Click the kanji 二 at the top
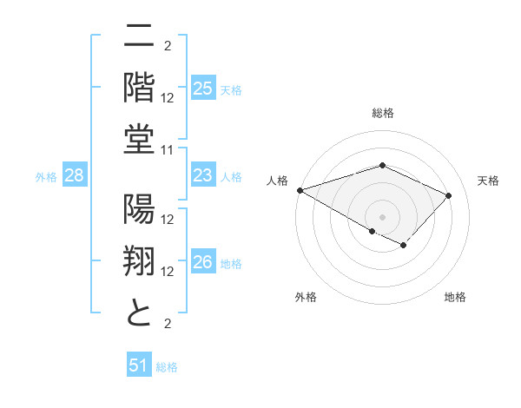tap(139, 36)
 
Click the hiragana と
tap(139, 313)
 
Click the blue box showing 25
tap(203, 89)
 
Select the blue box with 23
tap(203, 176)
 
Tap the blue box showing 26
tap(203, 262)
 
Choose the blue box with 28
tap(75, 176)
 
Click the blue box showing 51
tap(138, 365)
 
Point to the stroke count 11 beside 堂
tap(168, 150)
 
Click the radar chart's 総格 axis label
tap(382, 113)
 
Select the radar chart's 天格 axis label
tap(488, 181)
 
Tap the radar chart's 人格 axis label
tap(277, 181)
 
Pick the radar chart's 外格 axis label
tap(306, 297)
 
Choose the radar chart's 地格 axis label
tap(455, 297)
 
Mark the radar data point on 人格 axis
tap(300, 189)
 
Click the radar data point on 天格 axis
tap(448, 195)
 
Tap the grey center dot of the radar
tap(382, 216)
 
